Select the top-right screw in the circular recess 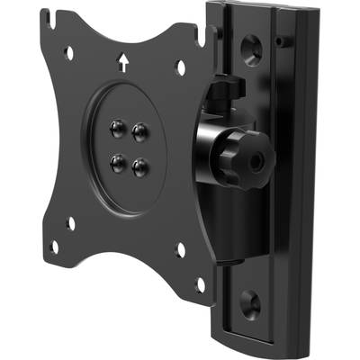tap(139, 131)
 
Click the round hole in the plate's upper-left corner tap(69, 54)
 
